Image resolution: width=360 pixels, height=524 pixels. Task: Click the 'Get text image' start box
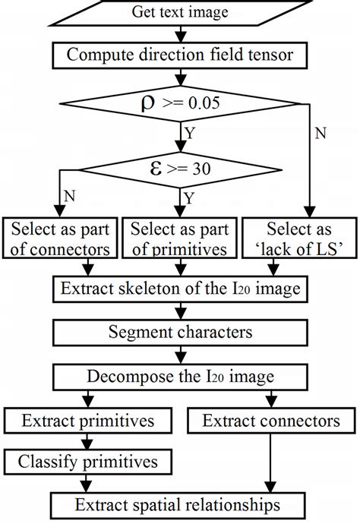tap(180, 12)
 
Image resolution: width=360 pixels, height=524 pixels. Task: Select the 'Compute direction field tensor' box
tap(180, 55)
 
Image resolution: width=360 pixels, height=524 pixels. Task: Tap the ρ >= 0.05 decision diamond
tap(180, 103)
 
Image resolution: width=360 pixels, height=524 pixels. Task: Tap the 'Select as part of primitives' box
tap(180, 239)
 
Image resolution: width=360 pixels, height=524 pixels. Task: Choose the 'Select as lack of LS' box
tap(300, 239)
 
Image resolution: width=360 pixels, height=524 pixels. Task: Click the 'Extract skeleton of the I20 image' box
tap(180, 289)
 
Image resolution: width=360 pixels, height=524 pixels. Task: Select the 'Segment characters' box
tap(180, 332)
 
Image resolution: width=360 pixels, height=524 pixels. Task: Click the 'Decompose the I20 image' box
tap(180, 376)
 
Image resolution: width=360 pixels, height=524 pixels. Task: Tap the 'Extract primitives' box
tap(90, 419)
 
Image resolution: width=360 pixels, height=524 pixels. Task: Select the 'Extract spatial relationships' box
tap(180, 503)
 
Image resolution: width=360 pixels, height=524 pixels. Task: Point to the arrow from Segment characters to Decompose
tap(180, 354)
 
